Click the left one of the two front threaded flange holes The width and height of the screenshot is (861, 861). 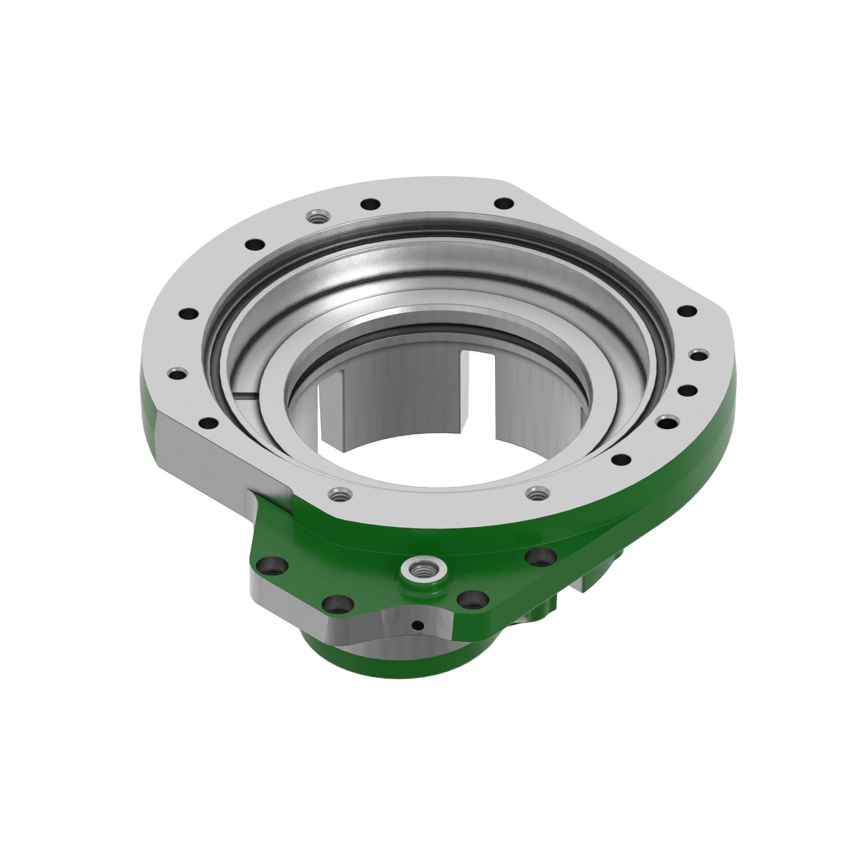pyautogui.click(x=340, y=494)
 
